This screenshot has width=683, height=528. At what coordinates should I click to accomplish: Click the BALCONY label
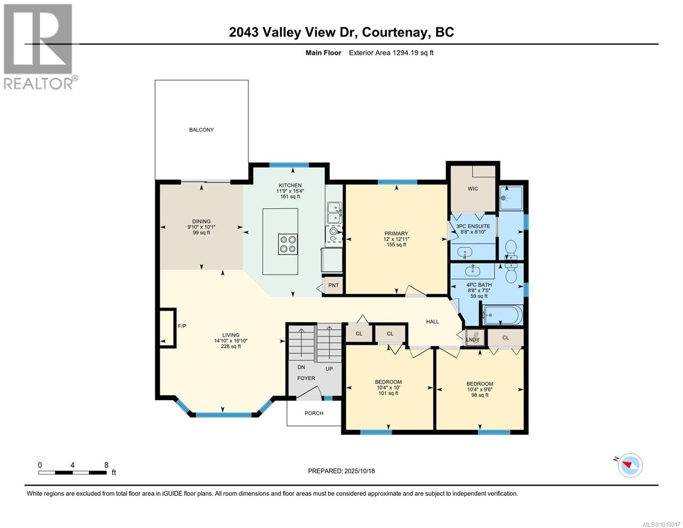(x=201, y=130)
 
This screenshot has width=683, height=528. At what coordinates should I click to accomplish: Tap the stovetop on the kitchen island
(x=288, y=244)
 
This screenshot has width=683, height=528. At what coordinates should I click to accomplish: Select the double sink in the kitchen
(x=335, y=213)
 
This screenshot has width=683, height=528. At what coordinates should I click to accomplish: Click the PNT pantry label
(x=333, y=285)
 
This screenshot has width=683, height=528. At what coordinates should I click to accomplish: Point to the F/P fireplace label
(x=182, y=326)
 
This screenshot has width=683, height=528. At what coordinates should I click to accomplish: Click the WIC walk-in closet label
(x=473, y=189)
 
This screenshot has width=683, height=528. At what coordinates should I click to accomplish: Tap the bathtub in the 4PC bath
(x=502, y=315)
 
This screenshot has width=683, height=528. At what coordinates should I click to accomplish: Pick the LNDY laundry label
(x=473, y=339)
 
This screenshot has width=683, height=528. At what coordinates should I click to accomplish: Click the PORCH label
(x=314, y=413)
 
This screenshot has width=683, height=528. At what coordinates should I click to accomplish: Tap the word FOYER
(x=306, y=378)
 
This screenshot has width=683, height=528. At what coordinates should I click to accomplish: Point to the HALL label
(x=432, y=322)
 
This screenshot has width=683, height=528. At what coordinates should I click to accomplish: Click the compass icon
(x=630, y=465)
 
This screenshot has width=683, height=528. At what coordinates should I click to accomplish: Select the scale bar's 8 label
(x=106, y=465)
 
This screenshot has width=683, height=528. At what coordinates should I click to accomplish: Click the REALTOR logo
(x=39, y=46)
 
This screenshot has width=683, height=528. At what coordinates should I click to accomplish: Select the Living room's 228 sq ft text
(x=231, y=346)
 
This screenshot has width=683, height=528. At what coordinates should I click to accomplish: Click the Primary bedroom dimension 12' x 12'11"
(x=396, y=239)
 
